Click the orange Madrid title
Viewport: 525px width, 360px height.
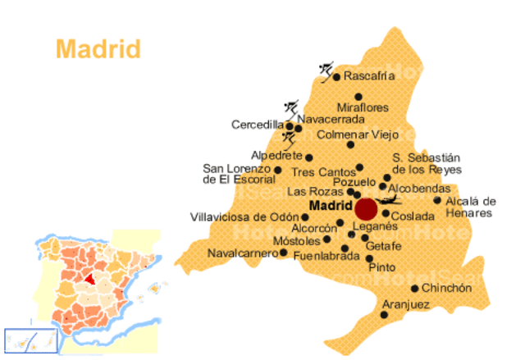coord(98,48)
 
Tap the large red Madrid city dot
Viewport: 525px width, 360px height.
coord(366,208)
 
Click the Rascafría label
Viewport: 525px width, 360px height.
coord(369,75)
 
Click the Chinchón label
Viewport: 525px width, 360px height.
coord(448,288)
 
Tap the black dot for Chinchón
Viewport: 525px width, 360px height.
coord(415,288)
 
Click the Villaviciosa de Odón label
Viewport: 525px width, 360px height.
coord(244,217)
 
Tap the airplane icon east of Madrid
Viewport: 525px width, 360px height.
coord(391,199)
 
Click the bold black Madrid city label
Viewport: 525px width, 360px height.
coord(331,205)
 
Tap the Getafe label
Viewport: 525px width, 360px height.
coord(383,247)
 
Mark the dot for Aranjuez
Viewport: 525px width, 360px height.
coord(385,313)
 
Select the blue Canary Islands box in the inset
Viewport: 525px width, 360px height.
coord(30,339)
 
